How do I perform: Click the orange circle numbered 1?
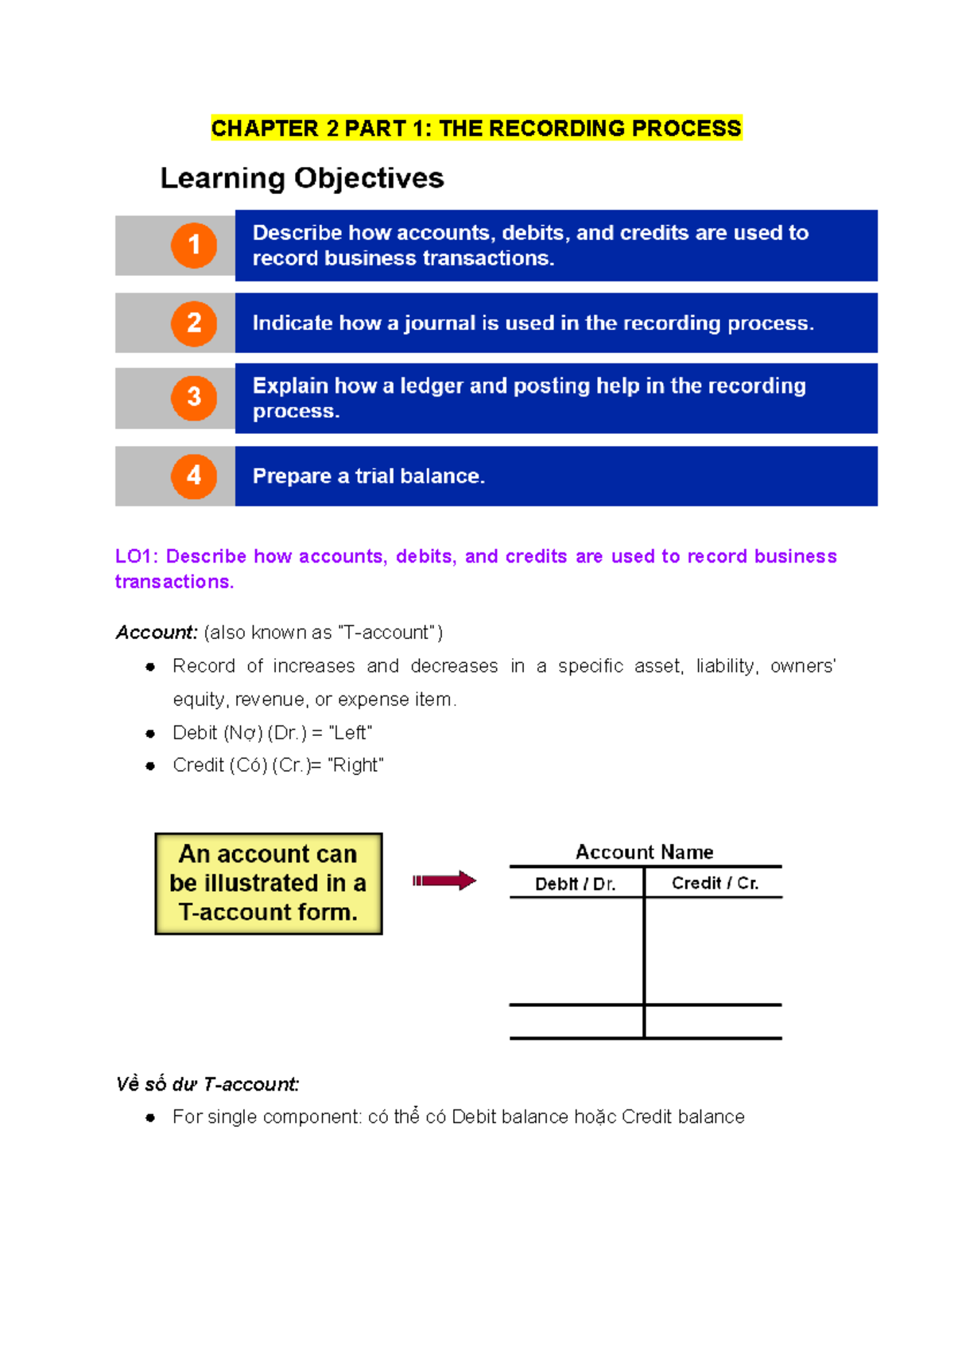coord(194,246)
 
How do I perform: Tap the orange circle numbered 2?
coord(194,323)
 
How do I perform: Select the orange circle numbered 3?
coord(194,397)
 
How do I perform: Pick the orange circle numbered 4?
coord(194,476)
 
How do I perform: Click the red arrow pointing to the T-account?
coord(444,881)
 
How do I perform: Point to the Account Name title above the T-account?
coord(644,852)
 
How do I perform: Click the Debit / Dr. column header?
coord(575,884)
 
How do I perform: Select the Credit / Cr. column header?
coord(715,883)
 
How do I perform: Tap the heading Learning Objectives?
coord(302,178)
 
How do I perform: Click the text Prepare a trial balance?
coord(368,476)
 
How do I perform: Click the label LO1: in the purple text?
coord(136,556)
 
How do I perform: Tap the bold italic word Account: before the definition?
coord(156,633)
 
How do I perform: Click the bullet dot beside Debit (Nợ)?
coord(150,734)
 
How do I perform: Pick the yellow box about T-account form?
coord(269,883)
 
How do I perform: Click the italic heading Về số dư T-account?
coord(207,1084)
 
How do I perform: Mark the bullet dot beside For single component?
coord(150,1118)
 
